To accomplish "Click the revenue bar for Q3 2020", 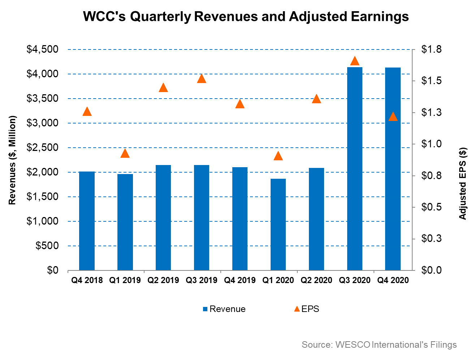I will point(354,169).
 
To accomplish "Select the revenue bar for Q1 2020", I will point(278,224).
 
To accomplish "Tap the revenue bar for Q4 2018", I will point(87,221).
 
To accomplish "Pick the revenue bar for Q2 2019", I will point(163,217).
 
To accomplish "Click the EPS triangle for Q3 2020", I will point(354,61).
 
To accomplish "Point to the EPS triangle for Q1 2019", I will point(125,153).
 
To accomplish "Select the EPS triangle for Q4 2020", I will point(393,116).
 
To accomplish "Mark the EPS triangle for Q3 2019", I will point(202,79).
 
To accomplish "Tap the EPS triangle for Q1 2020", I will point(278,156).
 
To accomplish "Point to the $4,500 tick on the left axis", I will point(43,49).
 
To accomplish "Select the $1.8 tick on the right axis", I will point(431,49).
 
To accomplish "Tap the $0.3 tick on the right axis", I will point(431,239).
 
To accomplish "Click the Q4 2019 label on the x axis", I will point(240,280).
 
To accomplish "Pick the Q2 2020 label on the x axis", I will point(316,280).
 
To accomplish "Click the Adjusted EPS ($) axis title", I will point(463,183).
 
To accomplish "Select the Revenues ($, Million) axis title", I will point(12,160).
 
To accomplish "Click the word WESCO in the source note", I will point(353,344).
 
